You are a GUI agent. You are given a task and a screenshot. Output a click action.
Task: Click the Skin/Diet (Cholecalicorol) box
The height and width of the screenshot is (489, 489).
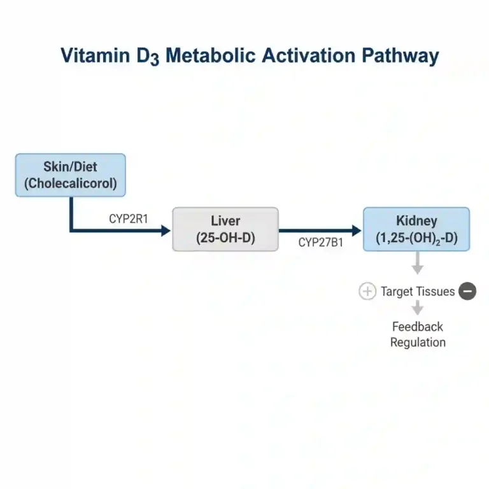(70, 175)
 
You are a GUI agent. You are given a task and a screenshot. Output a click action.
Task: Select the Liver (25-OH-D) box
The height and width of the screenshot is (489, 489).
(225, 229)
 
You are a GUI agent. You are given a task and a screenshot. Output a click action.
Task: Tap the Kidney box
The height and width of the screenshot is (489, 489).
(416, 229)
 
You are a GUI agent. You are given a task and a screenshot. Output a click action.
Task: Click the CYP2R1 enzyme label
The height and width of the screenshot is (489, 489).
(128, 218)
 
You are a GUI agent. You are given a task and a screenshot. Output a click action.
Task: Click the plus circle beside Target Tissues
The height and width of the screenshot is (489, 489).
(367, 292)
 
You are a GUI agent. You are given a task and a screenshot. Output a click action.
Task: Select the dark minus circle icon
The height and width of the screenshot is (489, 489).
(467, 292)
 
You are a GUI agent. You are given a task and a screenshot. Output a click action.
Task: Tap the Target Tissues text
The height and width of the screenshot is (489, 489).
(418, 292)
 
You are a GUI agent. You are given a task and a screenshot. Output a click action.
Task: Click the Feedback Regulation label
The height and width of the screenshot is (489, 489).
(418, 334)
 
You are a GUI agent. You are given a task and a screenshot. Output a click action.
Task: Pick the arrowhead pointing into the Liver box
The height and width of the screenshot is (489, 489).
(166, 230)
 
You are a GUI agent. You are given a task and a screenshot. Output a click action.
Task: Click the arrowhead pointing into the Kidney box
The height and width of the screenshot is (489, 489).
(357, 230)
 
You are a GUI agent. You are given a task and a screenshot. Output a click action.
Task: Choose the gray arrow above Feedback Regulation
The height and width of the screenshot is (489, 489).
(418, 308)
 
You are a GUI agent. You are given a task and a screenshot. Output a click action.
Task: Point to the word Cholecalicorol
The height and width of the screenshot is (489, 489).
(70, 184)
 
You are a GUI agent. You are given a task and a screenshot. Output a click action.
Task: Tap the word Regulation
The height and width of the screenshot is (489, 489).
(418, 343)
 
